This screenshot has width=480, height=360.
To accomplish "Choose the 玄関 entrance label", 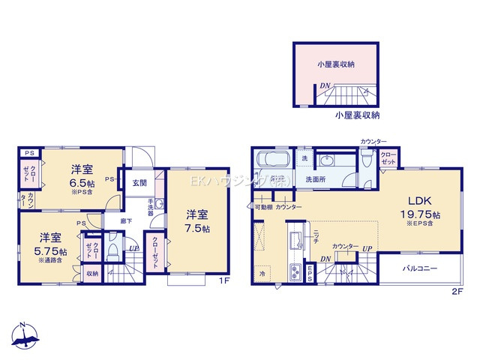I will pyautogui.click(x=140, y=182).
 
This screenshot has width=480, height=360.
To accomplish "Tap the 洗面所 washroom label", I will pyautogui.click(x=315, y=180).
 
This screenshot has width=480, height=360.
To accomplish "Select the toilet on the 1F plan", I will pyautogui.click(x=113, y=248).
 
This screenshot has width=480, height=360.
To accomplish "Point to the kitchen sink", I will pyautogui.click(x=295, y=239).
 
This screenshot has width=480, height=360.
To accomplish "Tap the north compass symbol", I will pyautogui.click(x=25, y=337).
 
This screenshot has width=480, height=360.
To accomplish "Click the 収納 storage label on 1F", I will pyautogui.click(x=91, y=274).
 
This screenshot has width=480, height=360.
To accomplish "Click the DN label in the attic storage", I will pyautogui.click(x=324, y=85).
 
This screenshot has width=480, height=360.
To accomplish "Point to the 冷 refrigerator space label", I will pyautogui.click(x=262, y=274).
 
